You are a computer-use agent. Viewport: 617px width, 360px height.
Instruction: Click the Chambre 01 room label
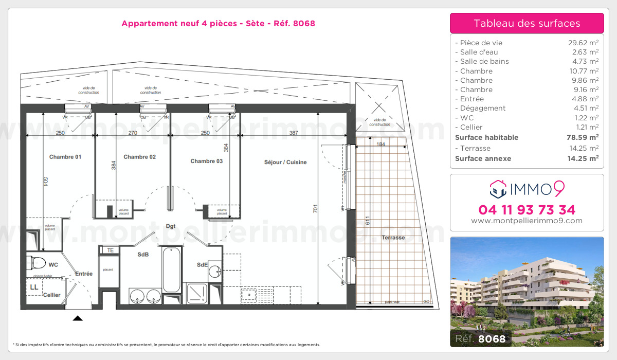click(x=65, y=157)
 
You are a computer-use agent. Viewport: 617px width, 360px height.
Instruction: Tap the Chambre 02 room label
click(x=139, y=157)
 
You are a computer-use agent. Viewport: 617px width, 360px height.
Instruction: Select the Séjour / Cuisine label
click(x=285, y=162)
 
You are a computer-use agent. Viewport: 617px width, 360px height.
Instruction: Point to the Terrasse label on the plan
click(x=393, y=238)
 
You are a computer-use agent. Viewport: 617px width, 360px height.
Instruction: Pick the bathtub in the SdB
click(x=171, y=270)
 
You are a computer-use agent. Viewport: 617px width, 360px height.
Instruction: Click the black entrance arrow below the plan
click(x=78, y=318)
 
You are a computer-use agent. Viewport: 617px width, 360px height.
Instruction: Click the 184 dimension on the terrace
click(x=380, y=145)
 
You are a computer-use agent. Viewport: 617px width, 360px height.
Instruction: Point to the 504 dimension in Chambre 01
click(x=45, y=183)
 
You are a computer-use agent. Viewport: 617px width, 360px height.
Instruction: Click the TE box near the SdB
click(x=110, y=250)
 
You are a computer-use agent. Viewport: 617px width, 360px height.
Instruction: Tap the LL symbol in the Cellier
click(x=34, y=287)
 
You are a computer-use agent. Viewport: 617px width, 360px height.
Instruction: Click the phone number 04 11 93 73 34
click(x=527, y=210)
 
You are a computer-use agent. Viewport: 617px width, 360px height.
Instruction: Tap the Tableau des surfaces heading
click(x=527, y=23)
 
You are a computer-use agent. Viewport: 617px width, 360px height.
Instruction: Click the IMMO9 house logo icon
click(x=498, y=189)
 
